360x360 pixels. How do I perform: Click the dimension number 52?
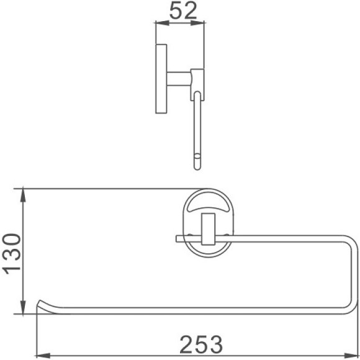pyautogui.click(x=179, y=12)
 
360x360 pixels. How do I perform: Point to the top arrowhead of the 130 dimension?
pyautogui.click(x=22, y=189)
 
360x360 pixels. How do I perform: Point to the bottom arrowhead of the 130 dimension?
pyautogui.click(x=22, y=314)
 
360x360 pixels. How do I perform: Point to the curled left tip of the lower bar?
pyautogui.click(x=40, y=304)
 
